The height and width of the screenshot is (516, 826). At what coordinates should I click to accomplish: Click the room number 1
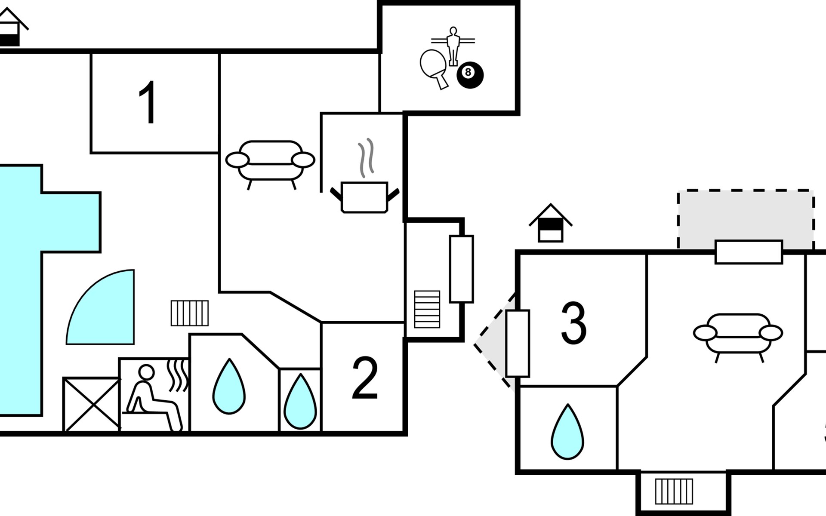148,103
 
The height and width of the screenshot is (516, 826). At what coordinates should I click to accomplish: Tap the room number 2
365,378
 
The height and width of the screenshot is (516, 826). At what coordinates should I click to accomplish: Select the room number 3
574,323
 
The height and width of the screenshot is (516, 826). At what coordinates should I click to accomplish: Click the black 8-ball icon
470,75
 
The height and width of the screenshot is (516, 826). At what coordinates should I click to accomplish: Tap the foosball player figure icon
453,46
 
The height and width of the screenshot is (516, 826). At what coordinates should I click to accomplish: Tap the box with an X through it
92,404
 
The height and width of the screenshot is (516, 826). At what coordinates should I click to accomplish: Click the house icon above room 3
551,224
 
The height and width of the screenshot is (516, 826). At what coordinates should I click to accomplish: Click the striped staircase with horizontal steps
427,309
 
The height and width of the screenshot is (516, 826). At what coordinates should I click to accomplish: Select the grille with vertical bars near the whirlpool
190,313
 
